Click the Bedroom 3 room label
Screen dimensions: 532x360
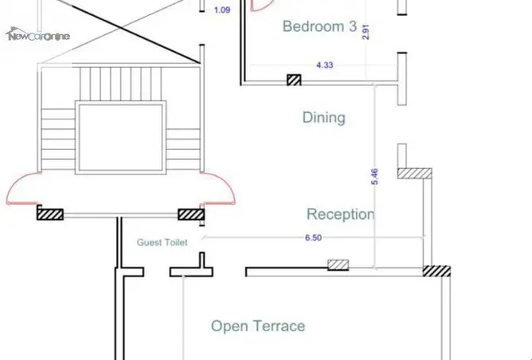(319, 26)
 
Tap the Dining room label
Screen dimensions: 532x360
(324, 118)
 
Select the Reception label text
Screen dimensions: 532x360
(341, 214)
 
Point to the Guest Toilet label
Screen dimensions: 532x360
(162, 243)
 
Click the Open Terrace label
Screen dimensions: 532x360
(258, 326)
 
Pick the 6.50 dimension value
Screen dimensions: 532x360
(313, 237)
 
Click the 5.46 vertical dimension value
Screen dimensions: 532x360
(374, 177)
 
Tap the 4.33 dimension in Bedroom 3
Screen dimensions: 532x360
(325, 65)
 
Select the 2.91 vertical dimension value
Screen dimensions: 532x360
(366, 32)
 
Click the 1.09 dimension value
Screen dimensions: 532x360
(222, 10)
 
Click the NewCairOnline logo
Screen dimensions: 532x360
(38, 34)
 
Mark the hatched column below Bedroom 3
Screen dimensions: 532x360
(294, 80)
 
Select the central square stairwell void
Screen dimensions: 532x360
(121, 138)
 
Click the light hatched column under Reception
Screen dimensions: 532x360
(338, 265)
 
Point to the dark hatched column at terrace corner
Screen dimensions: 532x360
(436, 271)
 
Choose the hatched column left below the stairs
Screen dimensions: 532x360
(50, 214)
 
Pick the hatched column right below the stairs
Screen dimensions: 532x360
(191, 214)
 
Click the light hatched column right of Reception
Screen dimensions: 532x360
(415, 173)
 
